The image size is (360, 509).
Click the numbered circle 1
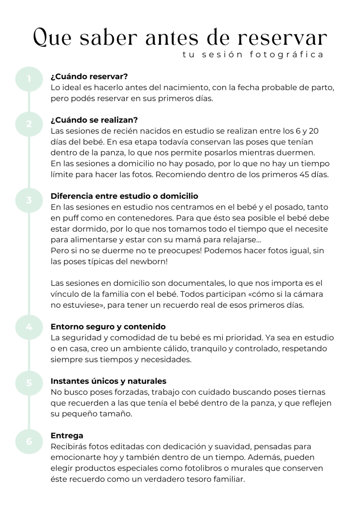(x=29, y=79)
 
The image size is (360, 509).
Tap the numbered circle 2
(x=29, y=124)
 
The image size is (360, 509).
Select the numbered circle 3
(x=29, y=200)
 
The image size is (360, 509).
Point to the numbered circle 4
(x=29, y=327)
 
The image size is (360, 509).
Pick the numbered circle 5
(x=29, y=383)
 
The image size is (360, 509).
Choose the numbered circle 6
(x=29, y=441)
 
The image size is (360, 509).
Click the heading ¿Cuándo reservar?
(x=90, y=77)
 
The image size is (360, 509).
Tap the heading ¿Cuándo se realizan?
(x=94, y=120)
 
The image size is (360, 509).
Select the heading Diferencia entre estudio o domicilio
(x=124, y=196)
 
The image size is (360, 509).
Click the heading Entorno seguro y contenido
(x=108, y=327)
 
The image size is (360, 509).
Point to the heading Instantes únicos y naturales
(x=108, y=381)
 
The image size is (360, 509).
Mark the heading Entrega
(x=67, y=435)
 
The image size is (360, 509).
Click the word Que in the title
(x=52, y=38)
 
